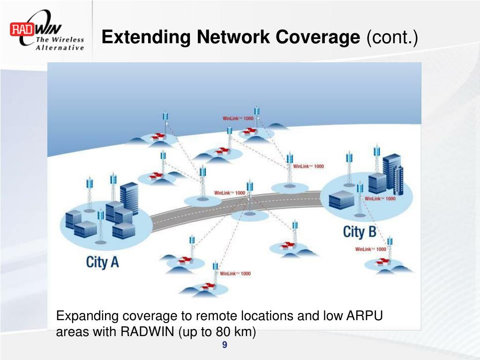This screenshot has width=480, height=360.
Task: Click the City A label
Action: click(x=102, y=262)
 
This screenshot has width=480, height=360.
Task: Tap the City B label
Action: click(x=360, y=232)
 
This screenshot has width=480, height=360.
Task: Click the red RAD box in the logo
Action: click(x=21, y=29)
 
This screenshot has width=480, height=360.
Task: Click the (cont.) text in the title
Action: click(x=392, y=37)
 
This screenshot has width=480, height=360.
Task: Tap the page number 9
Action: click(x=225, y=345)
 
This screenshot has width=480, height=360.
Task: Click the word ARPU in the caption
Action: click(x=364, y=316)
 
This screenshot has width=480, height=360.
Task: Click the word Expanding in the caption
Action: click(x=86, y=316)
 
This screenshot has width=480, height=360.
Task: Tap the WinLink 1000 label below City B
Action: click(x=370, y=249)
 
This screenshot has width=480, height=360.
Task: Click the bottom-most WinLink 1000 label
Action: click(x=235, y=273)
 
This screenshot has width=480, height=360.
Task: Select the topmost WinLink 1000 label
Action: click(x=238, y=118)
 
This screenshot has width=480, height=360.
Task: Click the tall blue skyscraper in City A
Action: click(x=129, y=197)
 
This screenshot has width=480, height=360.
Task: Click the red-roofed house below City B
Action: click(x=383, y=262)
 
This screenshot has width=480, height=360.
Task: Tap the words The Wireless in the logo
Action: click(x=60, y=40)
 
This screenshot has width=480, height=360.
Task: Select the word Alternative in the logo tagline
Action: click(x=60, y=47)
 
